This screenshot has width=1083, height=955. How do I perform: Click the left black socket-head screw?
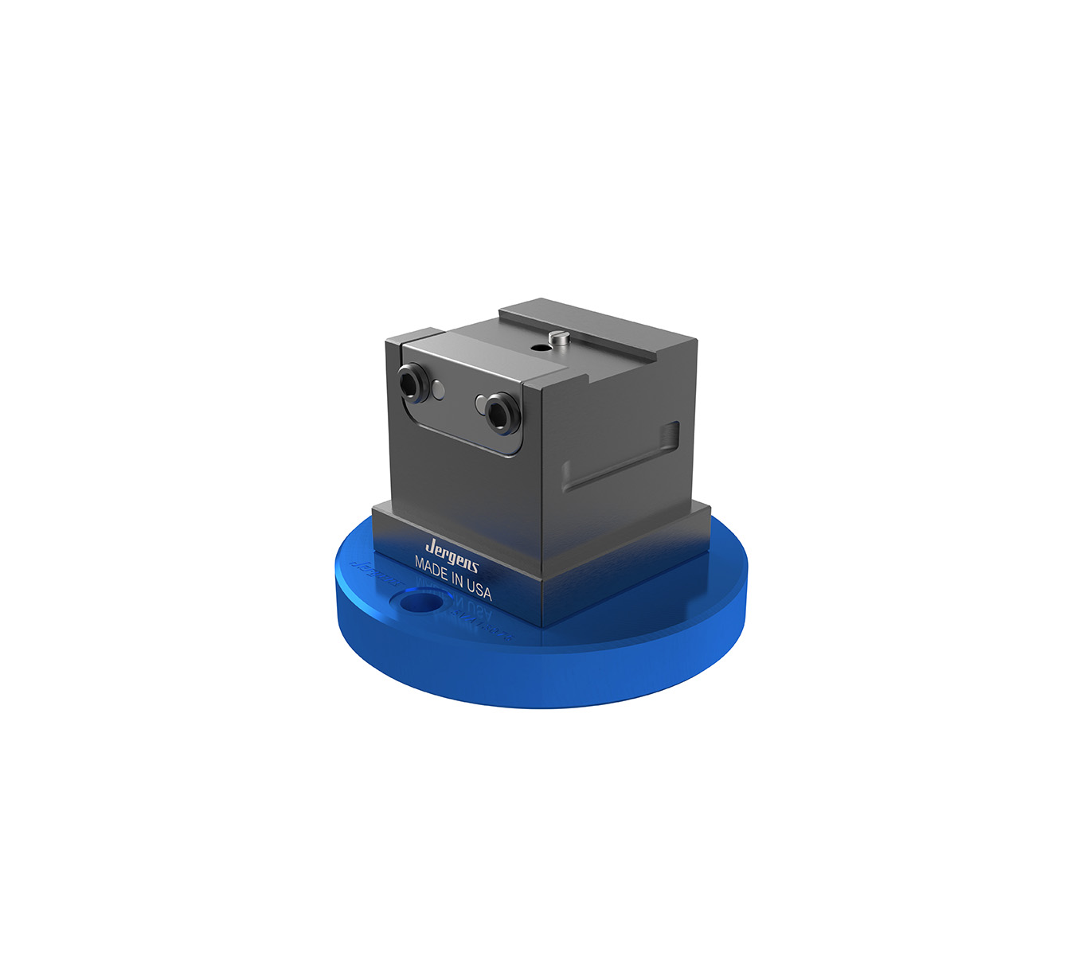tap(411, 382)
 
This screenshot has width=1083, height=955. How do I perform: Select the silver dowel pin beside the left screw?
tap(439, 389)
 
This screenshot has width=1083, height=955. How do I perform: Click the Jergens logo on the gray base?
tap(452, 550)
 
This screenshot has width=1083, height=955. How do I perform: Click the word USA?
tap(479, 590)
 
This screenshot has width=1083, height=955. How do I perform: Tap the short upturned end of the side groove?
tap(673, 434)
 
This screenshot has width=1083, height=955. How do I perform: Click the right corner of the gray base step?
tap(710, 510)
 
